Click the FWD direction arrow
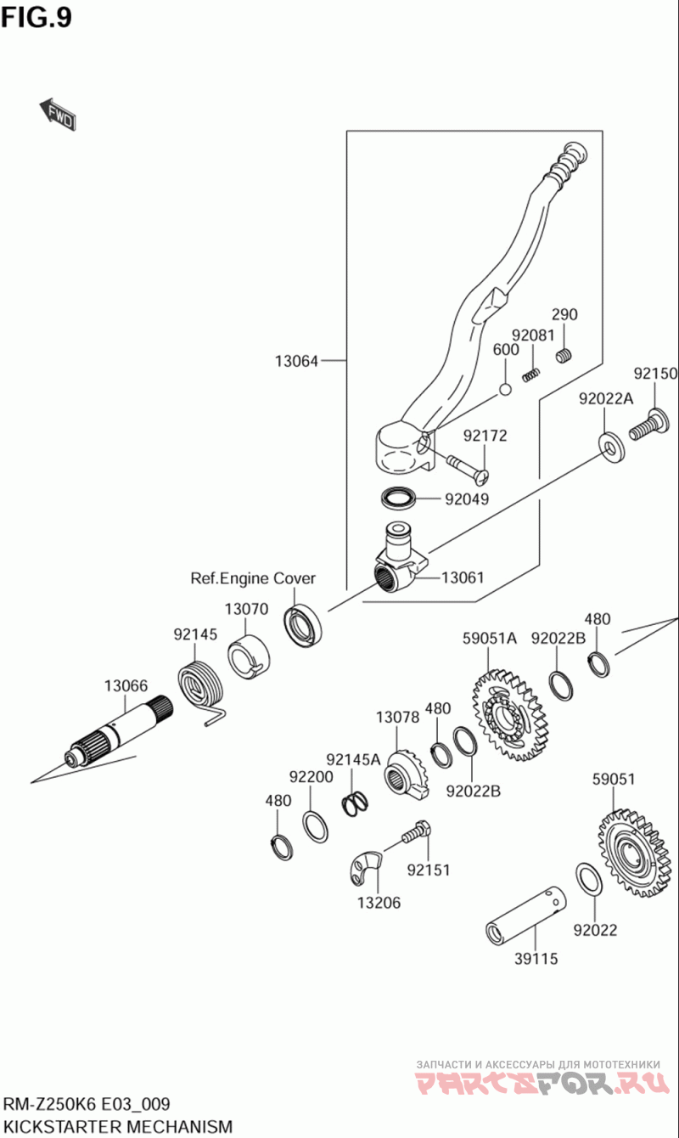58,114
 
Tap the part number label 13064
296,361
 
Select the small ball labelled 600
505,390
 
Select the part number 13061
463,577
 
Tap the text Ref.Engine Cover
253,578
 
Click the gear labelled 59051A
507,714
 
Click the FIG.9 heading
36,17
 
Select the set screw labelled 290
564,356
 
